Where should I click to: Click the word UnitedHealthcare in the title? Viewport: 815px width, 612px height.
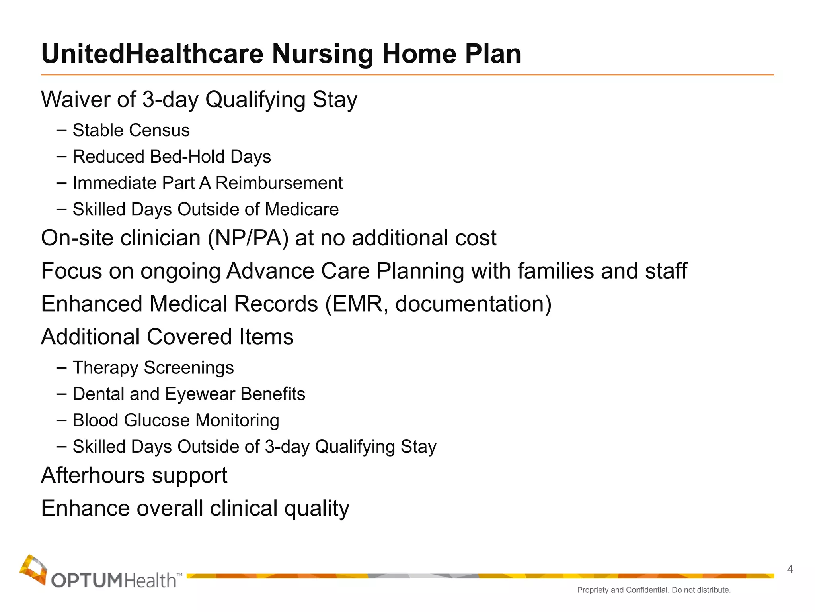[x=152, y=54]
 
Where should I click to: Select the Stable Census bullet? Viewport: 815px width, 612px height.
[x=131, y=130]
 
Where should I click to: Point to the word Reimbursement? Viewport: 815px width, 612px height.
[x=279, y=183]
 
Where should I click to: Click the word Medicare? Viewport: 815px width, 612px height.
[x=302, y=209]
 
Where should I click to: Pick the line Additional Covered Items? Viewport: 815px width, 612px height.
[x=167, y=337]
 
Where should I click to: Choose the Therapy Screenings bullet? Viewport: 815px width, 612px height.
[x=153, y=367]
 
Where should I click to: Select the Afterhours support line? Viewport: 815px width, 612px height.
[x=134, y=475]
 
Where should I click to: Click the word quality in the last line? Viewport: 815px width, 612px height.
[x=316, y=508]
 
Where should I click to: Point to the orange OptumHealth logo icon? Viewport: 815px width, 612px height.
[x=33, y=569]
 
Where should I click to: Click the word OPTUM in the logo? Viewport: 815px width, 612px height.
[x=86, y=581]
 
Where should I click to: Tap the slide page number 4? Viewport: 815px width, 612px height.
[x=790, y=569]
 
